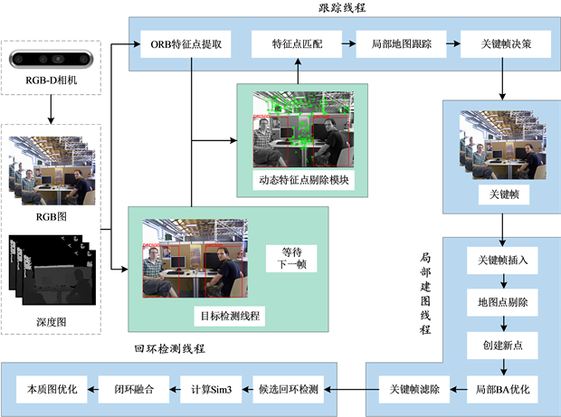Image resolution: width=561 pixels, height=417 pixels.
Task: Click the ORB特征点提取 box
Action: coord(185,43)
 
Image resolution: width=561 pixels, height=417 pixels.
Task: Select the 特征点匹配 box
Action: coord(297,43)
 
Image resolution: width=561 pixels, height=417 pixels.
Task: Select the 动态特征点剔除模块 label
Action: coord(302,180)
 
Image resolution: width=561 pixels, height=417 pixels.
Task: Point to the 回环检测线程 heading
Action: coord(169,348)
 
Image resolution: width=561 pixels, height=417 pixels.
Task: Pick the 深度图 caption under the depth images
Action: coord(50,321)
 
